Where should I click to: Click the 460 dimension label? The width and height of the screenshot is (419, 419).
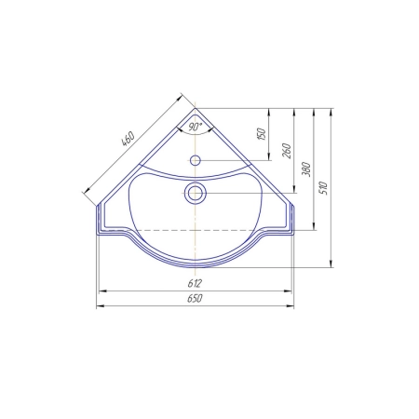click(x=128, y=139)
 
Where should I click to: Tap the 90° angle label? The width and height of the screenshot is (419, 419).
click(x=195, y=127)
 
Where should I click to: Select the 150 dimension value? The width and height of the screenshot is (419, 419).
click(x=262, y=133)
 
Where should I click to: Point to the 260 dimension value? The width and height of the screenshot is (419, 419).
click(x=287, y=151)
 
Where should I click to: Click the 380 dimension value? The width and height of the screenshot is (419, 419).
click(x=306, y=169)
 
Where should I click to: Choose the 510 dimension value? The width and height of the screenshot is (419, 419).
click(x=323, y=188)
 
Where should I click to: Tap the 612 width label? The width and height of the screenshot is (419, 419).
click(x=195, y=283)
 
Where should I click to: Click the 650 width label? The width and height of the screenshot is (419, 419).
click(x=195, y=298)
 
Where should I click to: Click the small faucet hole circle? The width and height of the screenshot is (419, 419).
click(x=196, y=160)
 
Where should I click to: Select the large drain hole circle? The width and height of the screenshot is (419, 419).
click(x=196, y=193)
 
